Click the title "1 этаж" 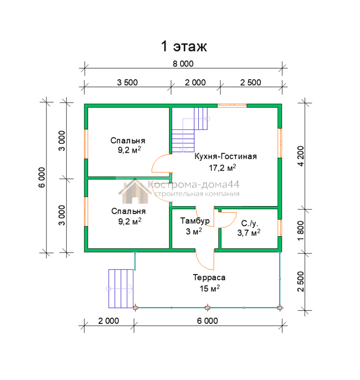click(184, 46)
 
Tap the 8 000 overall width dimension click(183, 64)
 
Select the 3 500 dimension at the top click(127, 82)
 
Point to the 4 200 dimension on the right click(300, 156)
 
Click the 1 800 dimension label click(300, 231)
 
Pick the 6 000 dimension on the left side click(42, 178)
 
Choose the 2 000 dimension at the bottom click(108, 321)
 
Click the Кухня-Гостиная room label click(225, 156)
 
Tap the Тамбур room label click(195, 221)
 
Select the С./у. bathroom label click(250, 223)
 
